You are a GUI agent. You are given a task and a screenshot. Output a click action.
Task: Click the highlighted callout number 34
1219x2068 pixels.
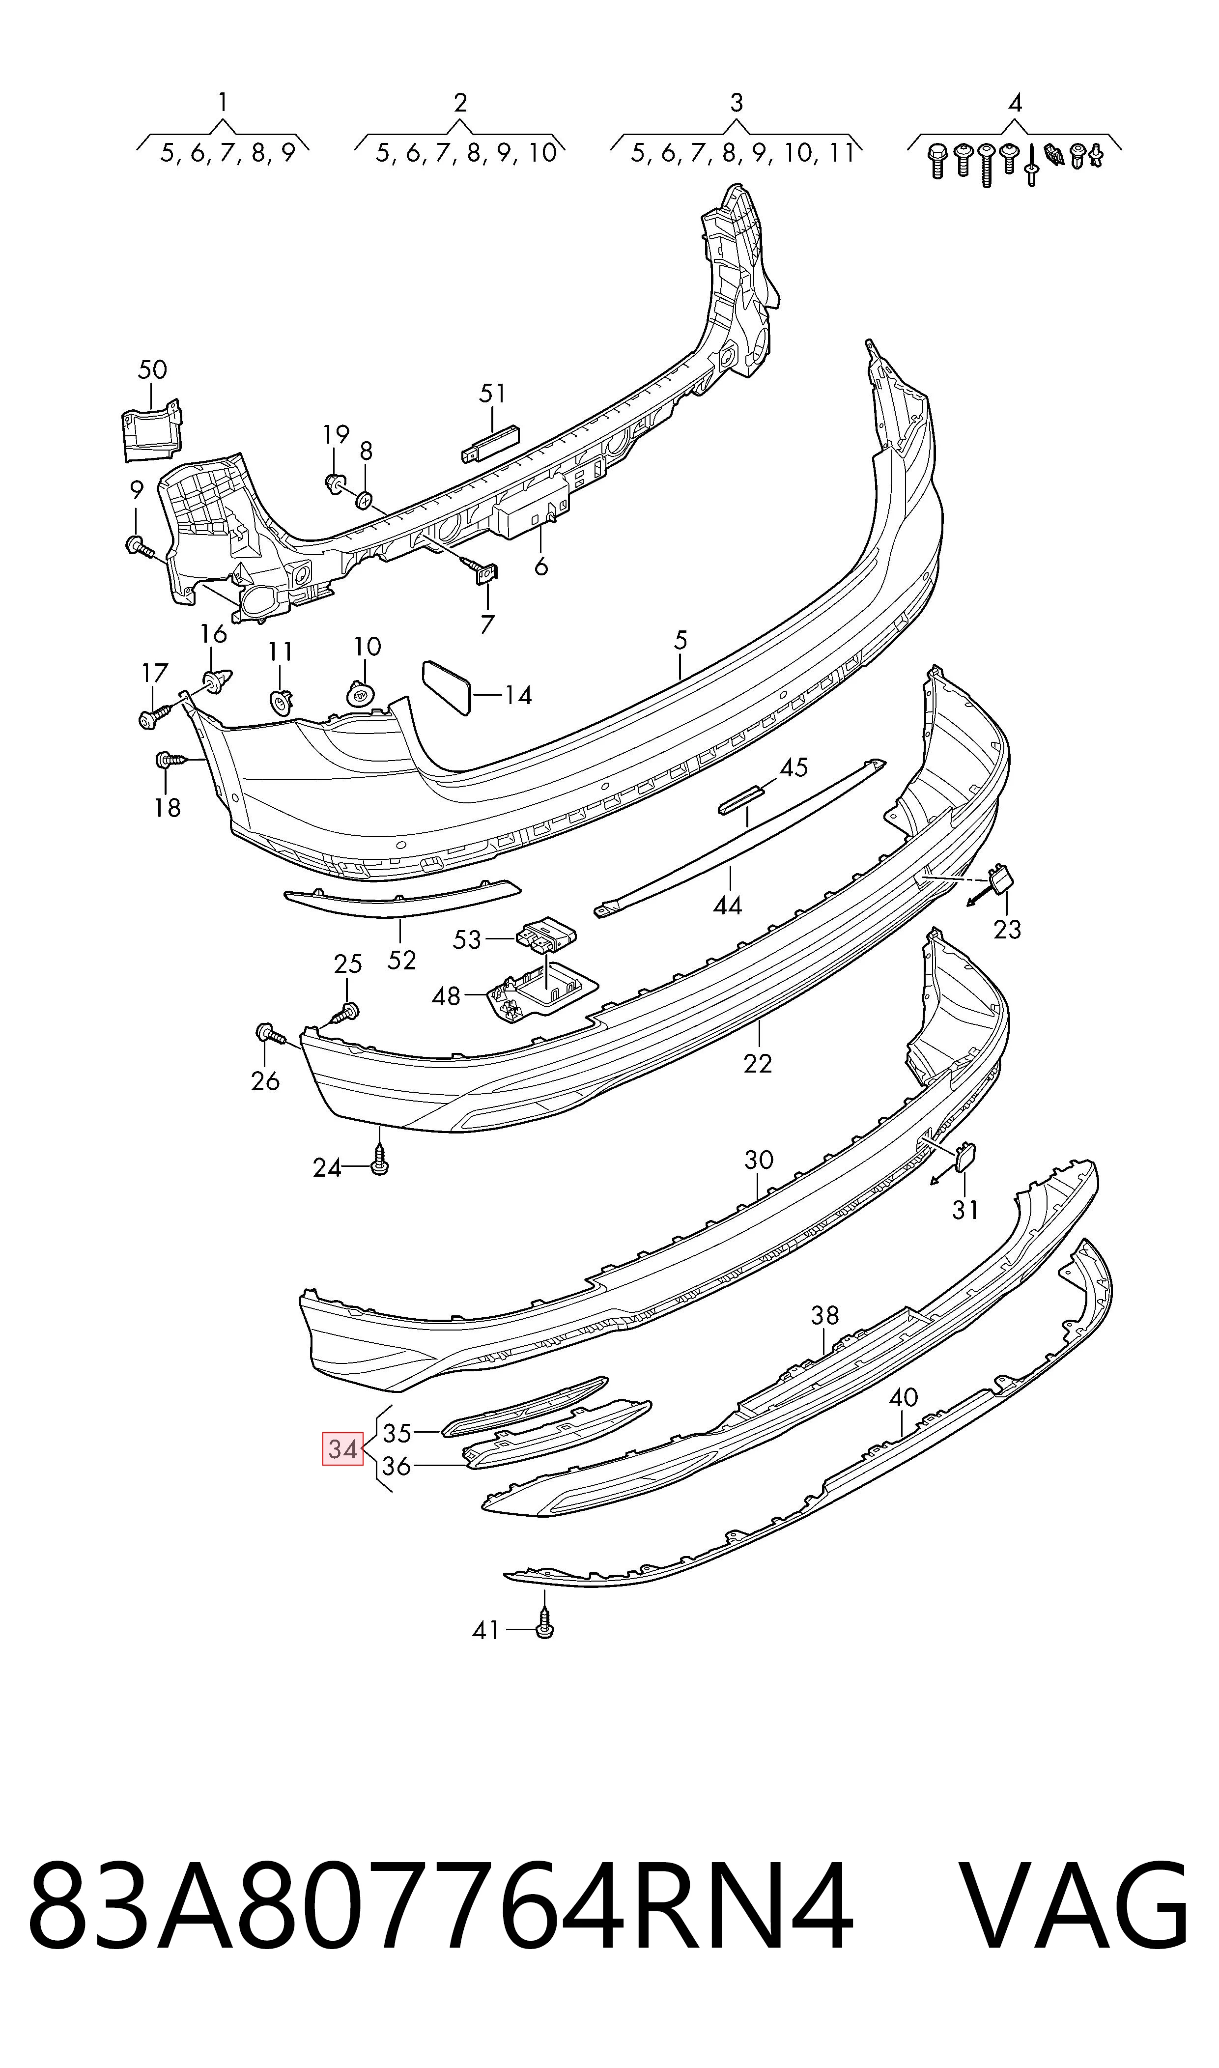(342, 1449)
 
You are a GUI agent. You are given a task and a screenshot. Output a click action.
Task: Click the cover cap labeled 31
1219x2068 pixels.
(964, 1157)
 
